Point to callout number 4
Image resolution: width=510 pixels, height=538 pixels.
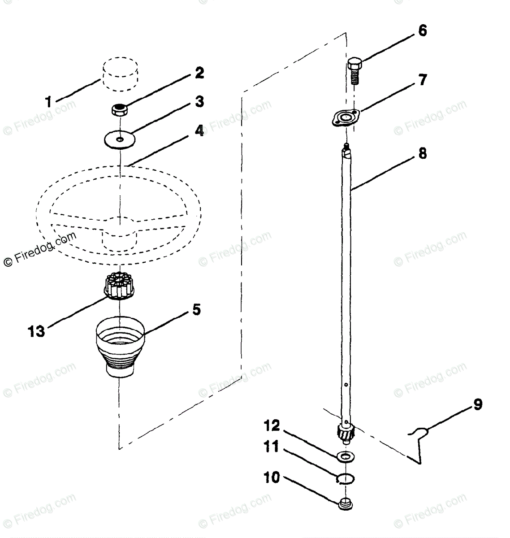click(199, 131)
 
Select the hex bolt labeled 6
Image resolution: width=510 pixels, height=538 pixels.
click(354, 69)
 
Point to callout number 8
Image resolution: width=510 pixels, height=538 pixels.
click(422, 154)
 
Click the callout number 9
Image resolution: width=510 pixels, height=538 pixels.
click(477, 404)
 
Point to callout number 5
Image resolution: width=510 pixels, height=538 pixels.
click(196, 310)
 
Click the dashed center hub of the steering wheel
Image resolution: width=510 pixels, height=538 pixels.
click(119, 238)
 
